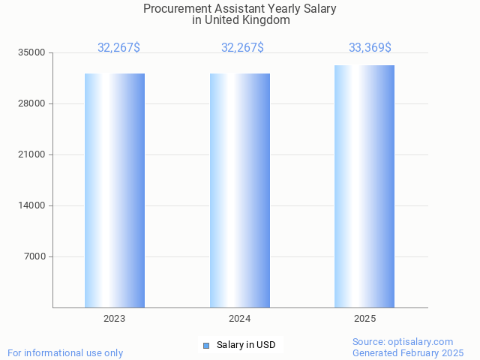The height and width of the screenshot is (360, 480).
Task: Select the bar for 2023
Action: [115, 190]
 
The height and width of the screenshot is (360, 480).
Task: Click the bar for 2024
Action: [240, 190]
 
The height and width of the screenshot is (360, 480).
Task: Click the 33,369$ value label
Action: [370, 48]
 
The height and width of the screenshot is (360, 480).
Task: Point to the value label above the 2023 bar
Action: [118, 48]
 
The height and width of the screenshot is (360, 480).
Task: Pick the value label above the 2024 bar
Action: [242, 48]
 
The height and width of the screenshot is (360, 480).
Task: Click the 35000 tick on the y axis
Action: [33, 52]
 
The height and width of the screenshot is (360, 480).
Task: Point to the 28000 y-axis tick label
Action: [33, 103]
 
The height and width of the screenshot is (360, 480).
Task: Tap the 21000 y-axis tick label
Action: [33, 154]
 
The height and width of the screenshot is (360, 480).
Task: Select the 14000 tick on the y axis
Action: [33, 205]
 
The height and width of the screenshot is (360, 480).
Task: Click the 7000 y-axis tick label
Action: [35, 256]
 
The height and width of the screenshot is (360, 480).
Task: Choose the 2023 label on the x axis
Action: [115, 319]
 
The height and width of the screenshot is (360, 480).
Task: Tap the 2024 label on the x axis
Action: [240, 319]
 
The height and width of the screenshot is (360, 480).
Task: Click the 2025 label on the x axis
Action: [364, 319]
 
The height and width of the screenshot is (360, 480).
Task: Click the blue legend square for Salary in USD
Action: [206, 345]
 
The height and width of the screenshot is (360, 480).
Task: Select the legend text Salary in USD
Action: [246, 345]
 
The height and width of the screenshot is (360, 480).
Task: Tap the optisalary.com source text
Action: [421, 342]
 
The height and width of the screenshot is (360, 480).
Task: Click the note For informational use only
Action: [65, 352]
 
